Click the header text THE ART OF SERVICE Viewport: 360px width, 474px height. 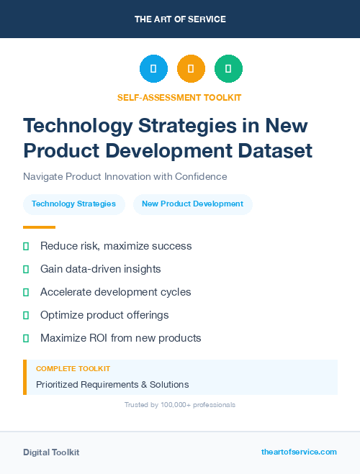pos(180,19)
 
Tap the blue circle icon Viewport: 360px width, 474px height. pos(153,69)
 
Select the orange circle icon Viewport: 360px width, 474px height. pos(191,69)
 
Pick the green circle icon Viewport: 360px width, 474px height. pos(228,69)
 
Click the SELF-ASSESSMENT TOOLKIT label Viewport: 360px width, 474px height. pos(179,97)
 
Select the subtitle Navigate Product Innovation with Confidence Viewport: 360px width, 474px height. pos(125,176)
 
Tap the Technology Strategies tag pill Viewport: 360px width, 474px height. pos(73,204)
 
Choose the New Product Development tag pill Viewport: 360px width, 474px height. pos(192,204)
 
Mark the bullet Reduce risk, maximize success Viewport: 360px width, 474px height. pos(115,246)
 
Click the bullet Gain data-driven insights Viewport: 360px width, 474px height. pos(100,269)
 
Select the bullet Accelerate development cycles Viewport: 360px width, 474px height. pos(115,292)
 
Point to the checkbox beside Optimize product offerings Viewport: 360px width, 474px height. pos(26,315)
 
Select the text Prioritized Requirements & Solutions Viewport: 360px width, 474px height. pos(112,384)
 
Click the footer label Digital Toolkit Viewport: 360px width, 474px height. pos(51,452)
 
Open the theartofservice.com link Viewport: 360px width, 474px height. pos(299,452)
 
